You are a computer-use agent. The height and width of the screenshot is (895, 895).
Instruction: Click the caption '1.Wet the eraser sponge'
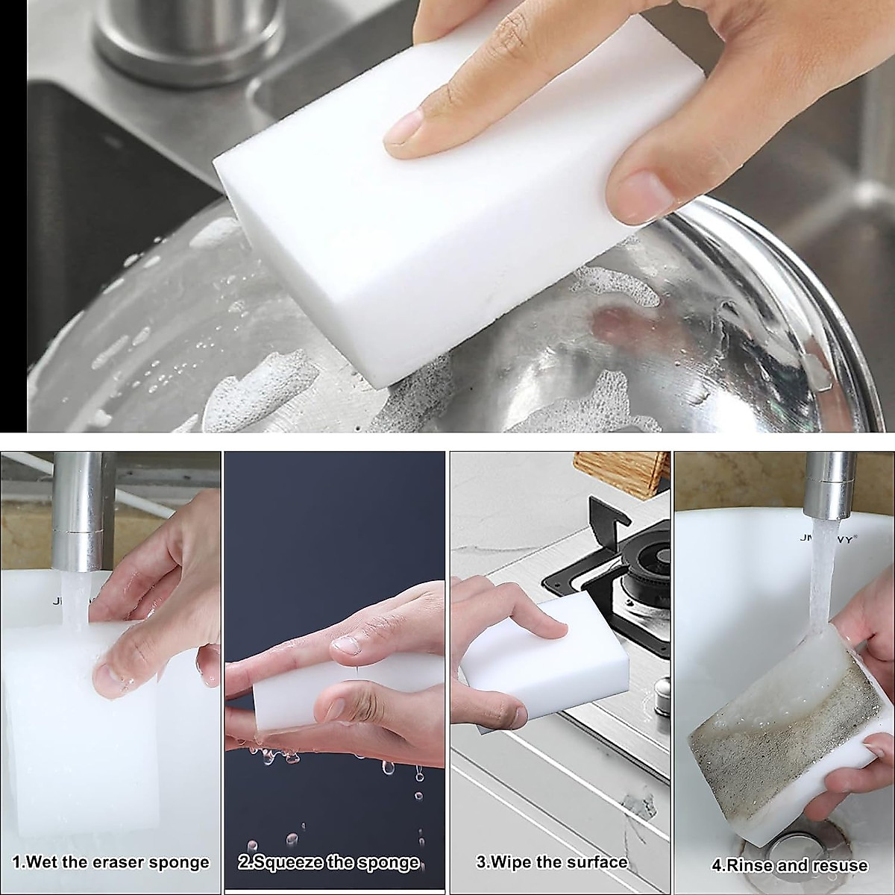coord(111,863)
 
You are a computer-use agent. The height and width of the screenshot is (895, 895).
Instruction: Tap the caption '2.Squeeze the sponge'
coord(329,863)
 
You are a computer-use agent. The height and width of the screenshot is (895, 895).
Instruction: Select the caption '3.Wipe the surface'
coord(552,863)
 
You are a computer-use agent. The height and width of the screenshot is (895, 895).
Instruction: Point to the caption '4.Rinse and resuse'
coord(789,866)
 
